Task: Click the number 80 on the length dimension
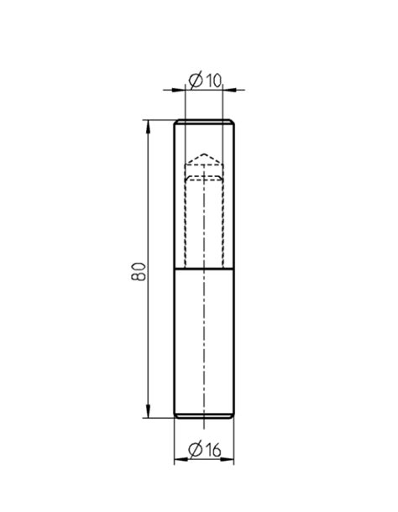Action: [139, 270]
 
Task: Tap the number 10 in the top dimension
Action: [212, 80]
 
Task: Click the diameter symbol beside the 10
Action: [194, 80]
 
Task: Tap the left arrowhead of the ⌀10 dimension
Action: [179, 87]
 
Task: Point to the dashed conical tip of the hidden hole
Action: [203, 159]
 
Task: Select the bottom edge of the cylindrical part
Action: [204, 417]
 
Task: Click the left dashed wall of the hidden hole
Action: [184, 218]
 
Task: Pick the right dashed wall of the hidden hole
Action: [223, 218]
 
